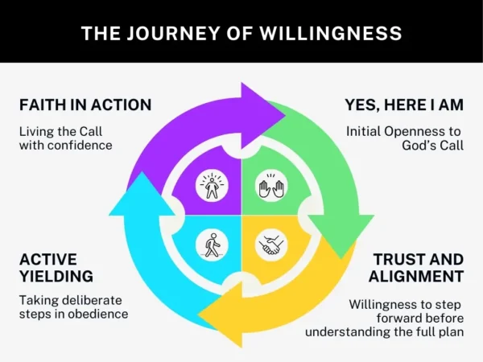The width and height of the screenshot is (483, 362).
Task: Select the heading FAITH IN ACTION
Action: (85, 105)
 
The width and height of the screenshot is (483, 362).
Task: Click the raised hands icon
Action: (268, 188)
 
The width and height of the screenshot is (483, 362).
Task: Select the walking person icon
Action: (213, 244)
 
